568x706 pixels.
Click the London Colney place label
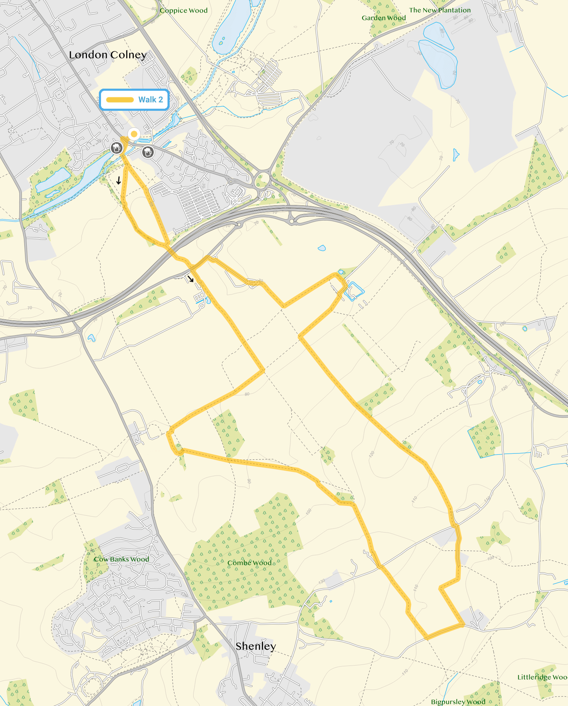[x=108, y=55]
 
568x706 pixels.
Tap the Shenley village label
[x=255, y=646]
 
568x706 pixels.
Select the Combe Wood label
[x=250, y=563]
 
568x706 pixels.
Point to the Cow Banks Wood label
[x=121, y=559]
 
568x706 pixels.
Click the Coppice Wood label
[x=184, y=11]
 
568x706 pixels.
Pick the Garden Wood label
[x=384, y=18]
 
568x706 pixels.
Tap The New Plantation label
[x=440, y=10]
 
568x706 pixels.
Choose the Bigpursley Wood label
[x=458, y=702]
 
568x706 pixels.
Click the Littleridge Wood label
[x=542, y=677]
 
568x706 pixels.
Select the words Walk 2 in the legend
[x=151, y=100]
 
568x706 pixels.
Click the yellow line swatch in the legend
[x=120, y=100]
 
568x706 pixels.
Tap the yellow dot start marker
[x=134, y=134]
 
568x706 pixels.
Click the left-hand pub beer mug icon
[x=116, y=148]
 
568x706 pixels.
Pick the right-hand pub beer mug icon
[x=148, y=152]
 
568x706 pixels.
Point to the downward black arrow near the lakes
[x=119, y=180]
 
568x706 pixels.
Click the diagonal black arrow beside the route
[x=190, y=279]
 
